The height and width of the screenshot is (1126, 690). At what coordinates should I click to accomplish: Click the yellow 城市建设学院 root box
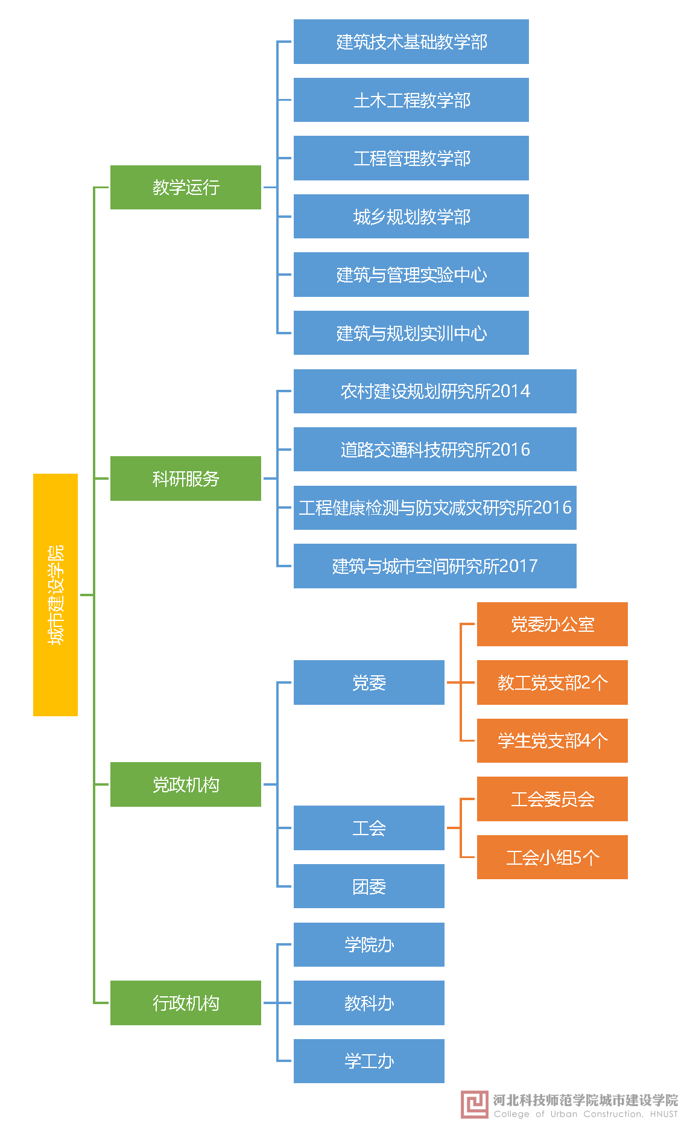pos(55,594)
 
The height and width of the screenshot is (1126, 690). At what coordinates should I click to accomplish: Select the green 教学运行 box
pos(186,187)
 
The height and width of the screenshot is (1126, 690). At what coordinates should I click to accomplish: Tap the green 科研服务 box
pos(186,479)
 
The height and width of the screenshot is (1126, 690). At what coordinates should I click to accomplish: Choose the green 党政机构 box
pos(186,784)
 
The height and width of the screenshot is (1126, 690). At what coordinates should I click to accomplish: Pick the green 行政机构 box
pos(186,1003)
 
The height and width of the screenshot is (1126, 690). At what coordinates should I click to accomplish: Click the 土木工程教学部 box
pos(411,100)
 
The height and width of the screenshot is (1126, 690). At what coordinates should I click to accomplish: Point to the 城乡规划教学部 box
pos(411,217)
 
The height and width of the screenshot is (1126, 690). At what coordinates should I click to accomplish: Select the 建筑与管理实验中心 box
pos(411,275)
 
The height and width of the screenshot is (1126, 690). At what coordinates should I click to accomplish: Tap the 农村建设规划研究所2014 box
pos(435,391)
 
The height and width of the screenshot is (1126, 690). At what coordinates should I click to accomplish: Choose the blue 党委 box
pos(369,682)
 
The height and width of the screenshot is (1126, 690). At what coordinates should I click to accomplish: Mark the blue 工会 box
pos(369,828)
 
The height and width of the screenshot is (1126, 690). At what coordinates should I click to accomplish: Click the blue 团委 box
pos(369,886)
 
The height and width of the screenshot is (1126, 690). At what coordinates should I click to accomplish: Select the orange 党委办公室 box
pos(552,624)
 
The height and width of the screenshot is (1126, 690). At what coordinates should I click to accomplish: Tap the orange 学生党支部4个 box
pos(552,740)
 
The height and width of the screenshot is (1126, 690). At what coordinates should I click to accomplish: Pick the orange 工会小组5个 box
pos(552,857)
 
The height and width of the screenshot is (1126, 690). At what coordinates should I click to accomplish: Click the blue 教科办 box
pos(369,1003)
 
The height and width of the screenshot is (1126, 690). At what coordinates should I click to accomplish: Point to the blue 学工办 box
pos(369,1061)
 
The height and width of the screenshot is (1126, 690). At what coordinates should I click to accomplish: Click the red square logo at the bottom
pos(474,1105)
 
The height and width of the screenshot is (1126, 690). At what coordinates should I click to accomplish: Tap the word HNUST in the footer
pos(663,1115)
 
